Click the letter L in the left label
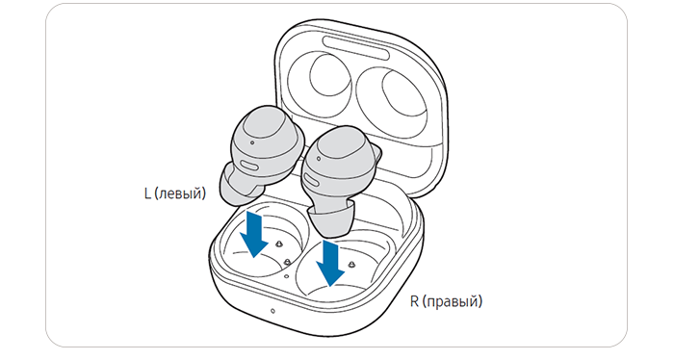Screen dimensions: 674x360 (x=148, y=193)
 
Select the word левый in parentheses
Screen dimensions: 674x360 (x=180, y=194)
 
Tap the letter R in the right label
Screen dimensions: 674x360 (x=414, y=300)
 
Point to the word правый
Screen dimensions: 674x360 (x=453, y=302)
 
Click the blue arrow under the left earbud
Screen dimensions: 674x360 (x=254, y=235)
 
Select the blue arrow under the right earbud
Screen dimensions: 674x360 (x=330, y=263)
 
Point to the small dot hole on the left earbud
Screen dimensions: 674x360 (x=251, y=142)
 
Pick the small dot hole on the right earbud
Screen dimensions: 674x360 (x=319, y=159)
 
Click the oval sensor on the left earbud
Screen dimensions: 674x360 (x=248, y=166)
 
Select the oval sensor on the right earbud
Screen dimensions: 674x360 (x=313, y=181)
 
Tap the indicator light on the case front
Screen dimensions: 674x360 (x=272, y=311)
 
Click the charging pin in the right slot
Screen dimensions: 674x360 (x=352, y=264)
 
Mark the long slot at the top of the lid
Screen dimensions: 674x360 (x=356, y=47)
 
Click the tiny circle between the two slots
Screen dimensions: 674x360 (x=287, y=277)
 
